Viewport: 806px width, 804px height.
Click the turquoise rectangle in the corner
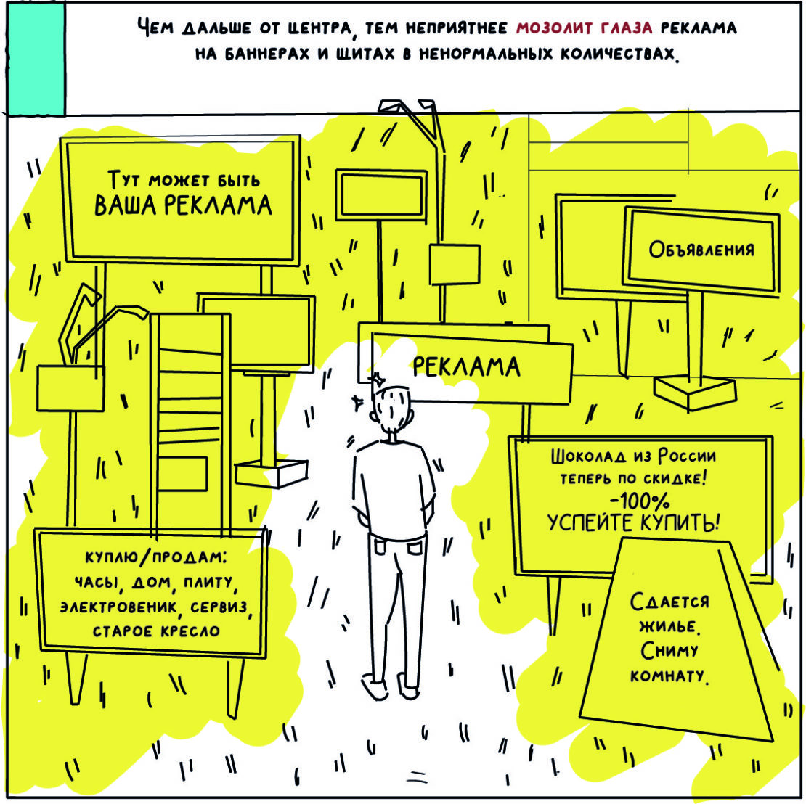pyautogui.click(x=36, y=58)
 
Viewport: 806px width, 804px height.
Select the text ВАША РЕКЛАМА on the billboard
pyautogui.click(x=183, y=205)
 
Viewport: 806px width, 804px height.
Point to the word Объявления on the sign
pyautogui.click(x=701, y=250)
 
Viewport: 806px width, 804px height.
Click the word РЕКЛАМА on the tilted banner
pyautogui.click(x=466, y=366)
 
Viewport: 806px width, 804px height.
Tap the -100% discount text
pyautogui.click(x=640, y=501)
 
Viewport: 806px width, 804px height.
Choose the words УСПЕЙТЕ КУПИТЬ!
pyautogui.click(x=633, y=522)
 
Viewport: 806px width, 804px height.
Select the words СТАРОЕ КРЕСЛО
pyautogui.click(x=156, y=631)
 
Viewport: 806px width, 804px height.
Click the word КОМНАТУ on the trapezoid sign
pyautogui.click(x=669, y=676)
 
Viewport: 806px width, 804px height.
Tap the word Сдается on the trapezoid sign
pyautogui.click(x=669, y=601)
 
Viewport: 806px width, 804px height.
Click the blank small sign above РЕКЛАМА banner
pyautogui.click(x=381, y=195)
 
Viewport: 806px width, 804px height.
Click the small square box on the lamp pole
pyautogui.click(x=455, y=264)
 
